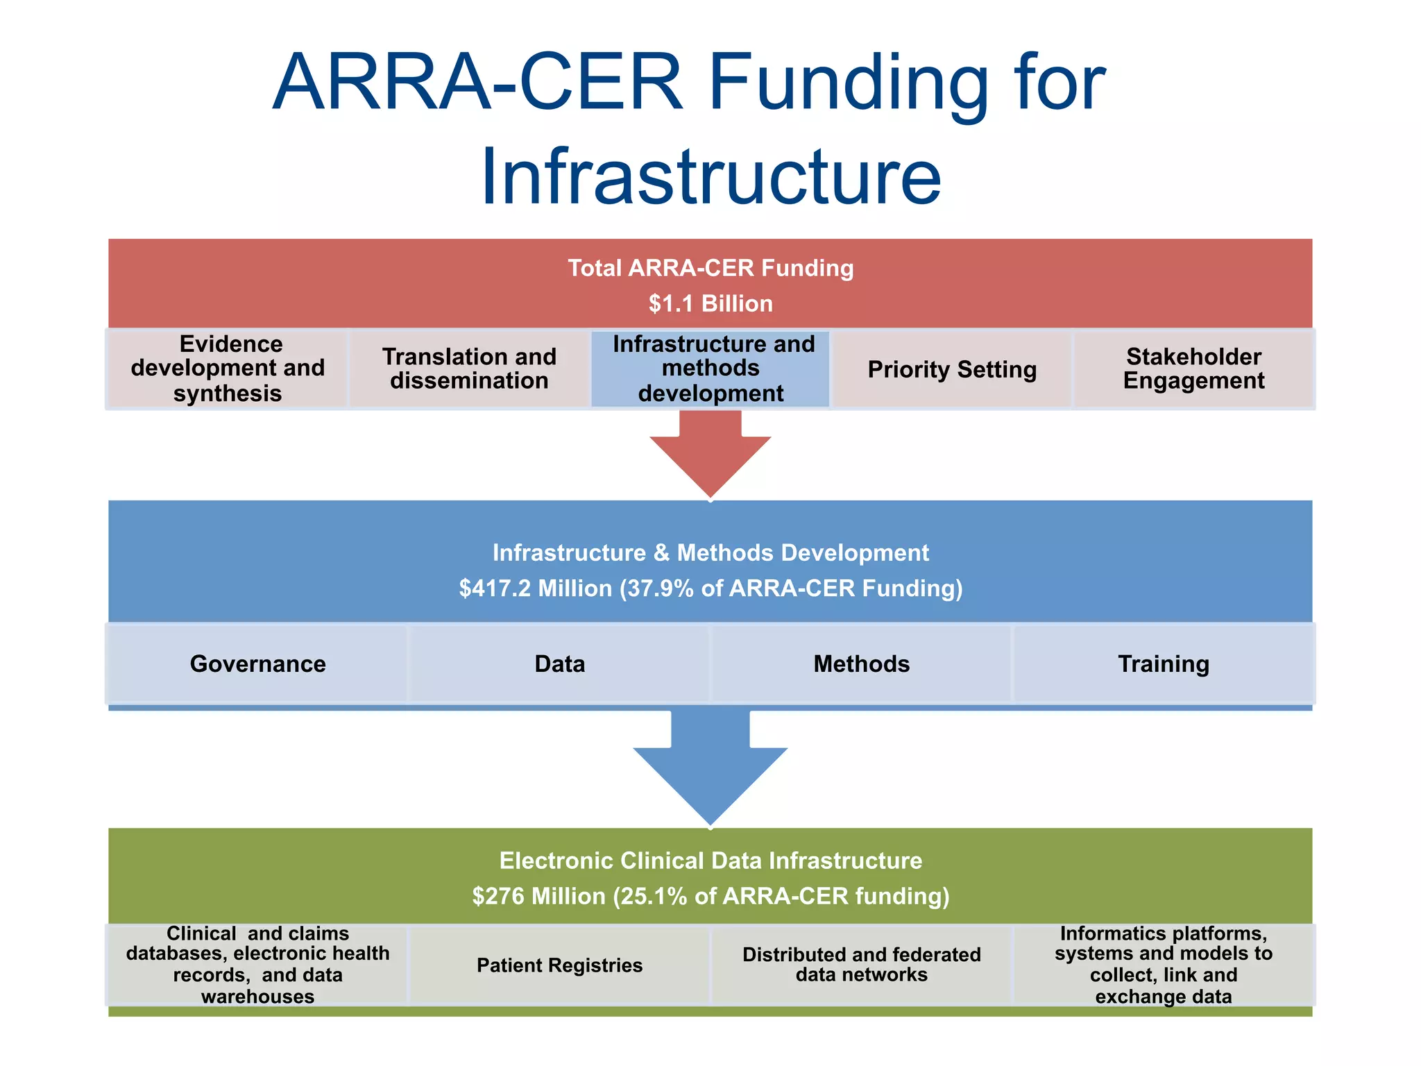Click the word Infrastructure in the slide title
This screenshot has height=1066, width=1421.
710,177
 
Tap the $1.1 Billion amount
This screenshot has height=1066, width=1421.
710,303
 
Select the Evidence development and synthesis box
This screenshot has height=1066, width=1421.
228,369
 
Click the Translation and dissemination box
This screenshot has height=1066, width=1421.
469,369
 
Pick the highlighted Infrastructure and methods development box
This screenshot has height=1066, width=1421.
710,369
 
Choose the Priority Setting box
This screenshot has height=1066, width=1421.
952,369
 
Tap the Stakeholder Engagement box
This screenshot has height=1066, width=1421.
1193,369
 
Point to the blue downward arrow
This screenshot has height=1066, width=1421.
710,770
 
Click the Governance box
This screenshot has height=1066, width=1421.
257,664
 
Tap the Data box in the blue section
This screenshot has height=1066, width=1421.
559,664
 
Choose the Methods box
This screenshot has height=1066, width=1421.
861,664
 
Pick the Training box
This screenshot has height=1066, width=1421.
1164,664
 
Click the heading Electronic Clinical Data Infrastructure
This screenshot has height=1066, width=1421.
710,861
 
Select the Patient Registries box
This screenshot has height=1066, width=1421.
559,965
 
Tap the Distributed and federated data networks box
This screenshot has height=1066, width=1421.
861,965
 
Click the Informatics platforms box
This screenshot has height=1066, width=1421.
1164,965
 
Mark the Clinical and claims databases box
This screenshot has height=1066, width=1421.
257,965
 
